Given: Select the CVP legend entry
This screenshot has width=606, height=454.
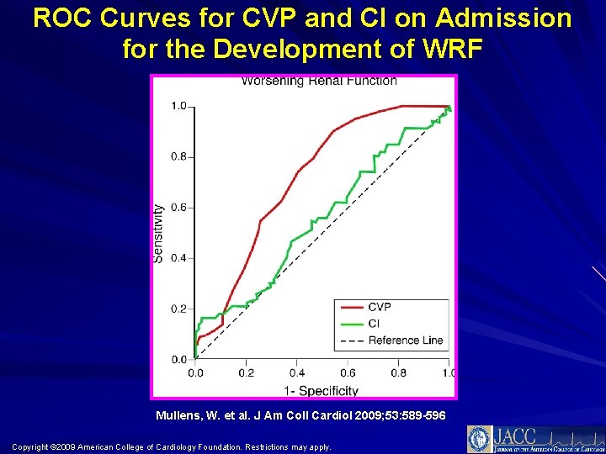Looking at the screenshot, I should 380,307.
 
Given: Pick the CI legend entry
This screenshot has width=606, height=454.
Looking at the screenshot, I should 373,324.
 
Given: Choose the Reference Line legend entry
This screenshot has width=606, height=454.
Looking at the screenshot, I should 405,340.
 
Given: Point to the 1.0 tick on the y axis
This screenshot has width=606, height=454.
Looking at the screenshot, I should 179,106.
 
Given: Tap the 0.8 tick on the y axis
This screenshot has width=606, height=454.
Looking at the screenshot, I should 179,156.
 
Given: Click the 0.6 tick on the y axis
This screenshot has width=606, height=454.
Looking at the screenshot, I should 179,208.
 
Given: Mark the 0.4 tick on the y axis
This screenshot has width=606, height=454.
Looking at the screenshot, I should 179,258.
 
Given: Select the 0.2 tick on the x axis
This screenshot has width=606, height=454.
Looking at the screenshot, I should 246,372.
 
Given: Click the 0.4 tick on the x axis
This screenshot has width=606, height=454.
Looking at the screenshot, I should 297,372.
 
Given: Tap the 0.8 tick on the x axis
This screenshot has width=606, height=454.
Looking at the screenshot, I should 398,372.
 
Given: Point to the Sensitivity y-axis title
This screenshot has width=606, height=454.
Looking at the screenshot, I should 158,233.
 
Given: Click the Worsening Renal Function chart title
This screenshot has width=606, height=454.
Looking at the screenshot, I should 319,82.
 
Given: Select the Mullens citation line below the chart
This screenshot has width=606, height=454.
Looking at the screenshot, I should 300,416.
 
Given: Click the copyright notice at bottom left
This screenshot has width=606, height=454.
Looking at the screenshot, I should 172,446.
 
